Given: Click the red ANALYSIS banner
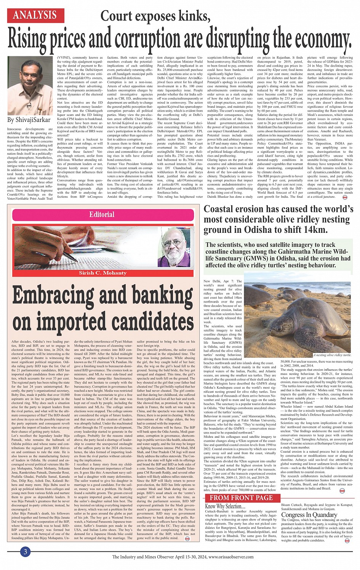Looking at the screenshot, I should tap(35, 15).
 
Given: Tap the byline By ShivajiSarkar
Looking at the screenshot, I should tap(29, 120).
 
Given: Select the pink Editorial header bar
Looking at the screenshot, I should tap(102, 215).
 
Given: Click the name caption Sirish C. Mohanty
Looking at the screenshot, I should tap(102, 273).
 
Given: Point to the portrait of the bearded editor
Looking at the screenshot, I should tap(176, 248).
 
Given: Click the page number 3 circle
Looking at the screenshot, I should tap(25, 552).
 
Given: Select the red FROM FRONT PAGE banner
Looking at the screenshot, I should tap(241, 498).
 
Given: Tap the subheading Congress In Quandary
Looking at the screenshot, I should tap(309, 515).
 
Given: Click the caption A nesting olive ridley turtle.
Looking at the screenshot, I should tap(332, 355).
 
